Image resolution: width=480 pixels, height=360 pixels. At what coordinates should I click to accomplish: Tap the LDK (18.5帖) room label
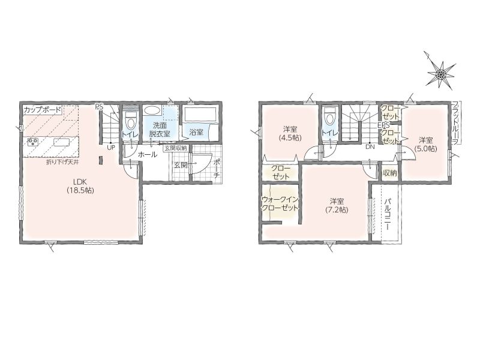80,185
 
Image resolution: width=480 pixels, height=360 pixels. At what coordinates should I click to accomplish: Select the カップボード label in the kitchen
42,110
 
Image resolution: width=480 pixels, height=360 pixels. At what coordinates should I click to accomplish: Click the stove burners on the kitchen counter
33,142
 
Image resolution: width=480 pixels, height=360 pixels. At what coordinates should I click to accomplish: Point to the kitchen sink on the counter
61,142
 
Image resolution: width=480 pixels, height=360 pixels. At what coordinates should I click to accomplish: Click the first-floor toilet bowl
131,121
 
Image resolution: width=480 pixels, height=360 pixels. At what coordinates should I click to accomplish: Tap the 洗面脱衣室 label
160,130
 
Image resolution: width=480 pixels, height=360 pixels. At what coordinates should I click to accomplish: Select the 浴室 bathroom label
196,132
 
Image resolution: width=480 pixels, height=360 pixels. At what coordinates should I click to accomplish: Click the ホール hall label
148,155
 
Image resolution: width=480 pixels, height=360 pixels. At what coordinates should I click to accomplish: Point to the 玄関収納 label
176,148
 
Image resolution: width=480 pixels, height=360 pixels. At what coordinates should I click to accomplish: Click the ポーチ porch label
217,169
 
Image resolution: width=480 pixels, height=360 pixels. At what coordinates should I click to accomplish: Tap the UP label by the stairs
110,147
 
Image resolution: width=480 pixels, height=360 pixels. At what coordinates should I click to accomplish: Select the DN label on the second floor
370,146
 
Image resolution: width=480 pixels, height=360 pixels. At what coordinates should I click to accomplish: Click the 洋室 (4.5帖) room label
290,133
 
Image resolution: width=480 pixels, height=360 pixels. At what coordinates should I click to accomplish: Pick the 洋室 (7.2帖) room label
337,206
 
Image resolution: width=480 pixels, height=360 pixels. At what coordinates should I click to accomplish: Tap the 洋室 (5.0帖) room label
425,144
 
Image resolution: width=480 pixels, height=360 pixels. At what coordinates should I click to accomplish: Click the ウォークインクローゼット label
280,203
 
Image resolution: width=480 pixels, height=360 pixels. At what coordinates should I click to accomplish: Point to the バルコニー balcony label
386,214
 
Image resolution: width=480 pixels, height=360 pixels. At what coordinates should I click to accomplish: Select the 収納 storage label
389,173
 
